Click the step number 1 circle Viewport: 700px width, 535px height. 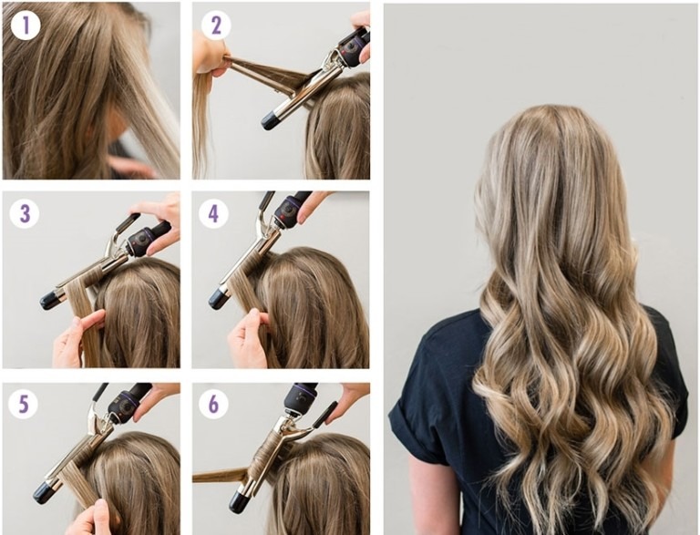click(26, 25)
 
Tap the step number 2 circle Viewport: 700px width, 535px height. click(216, 25)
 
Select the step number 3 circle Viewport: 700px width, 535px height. click(25, 213)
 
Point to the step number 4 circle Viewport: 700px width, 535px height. click(214, 214)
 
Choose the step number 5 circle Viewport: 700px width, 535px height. click(24, 404)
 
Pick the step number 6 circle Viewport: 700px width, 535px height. click(214, 404)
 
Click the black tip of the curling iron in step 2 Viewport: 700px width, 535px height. click(271, 119)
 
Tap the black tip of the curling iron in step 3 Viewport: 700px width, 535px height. click(50, 299)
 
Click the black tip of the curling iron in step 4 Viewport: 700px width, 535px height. click(219, 298)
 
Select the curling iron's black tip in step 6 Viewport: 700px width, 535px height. click(240, 500)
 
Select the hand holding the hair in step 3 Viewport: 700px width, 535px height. click(76, 339)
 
